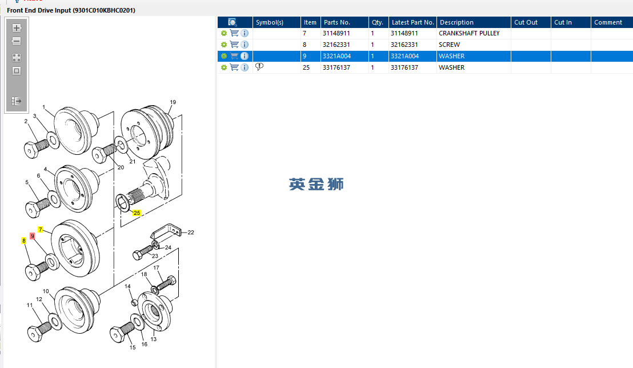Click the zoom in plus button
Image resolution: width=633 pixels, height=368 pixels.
pyautogui.click(x=17, y=28)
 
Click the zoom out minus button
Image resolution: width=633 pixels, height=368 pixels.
pyautogui.click(x=17, y=41)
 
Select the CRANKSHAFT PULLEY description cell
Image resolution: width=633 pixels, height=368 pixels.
pyautogui.click(x=469, y=33)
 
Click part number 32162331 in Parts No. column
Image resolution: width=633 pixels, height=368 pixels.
pyautogui.click(x=336, y=45)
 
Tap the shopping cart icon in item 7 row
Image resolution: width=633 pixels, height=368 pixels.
pyautogui.click(x=234, y=33)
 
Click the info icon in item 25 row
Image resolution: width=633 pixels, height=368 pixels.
pyautogui.click(x=245, y=67)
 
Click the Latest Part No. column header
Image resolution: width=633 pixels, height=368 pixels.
pyautogui.click(x=412, y=22)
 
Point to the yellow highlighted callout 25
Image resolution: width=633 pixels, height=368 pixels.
pyautogui.click(x=137, y=213)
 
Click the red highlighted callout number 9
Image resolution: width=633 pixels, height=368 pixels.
pyautogui.click(x=33, y=236)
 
